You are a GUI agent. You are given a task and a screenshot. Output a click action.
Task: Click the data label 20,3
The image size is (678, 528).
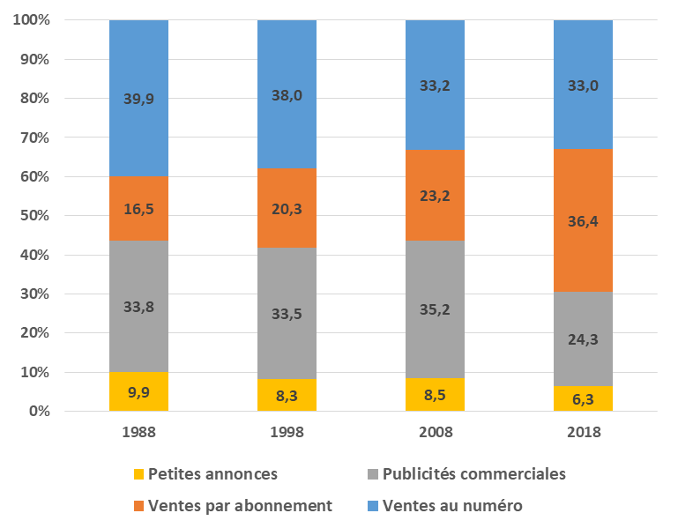click(287, 209)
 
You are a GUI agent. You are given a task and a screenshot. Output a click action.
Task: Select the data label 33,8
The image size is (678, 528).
click(138, 308)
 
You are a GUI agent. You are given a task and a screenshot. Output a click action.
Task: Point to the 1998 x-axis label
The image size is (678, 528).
click(287, 433)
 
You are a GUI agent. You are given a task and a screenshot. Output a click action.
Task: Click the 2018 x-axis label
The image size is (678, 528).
click(583, 433)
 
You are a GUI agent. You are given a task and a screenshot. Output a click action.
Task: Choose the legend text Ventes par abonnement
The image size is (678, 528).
click(241, 505)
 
